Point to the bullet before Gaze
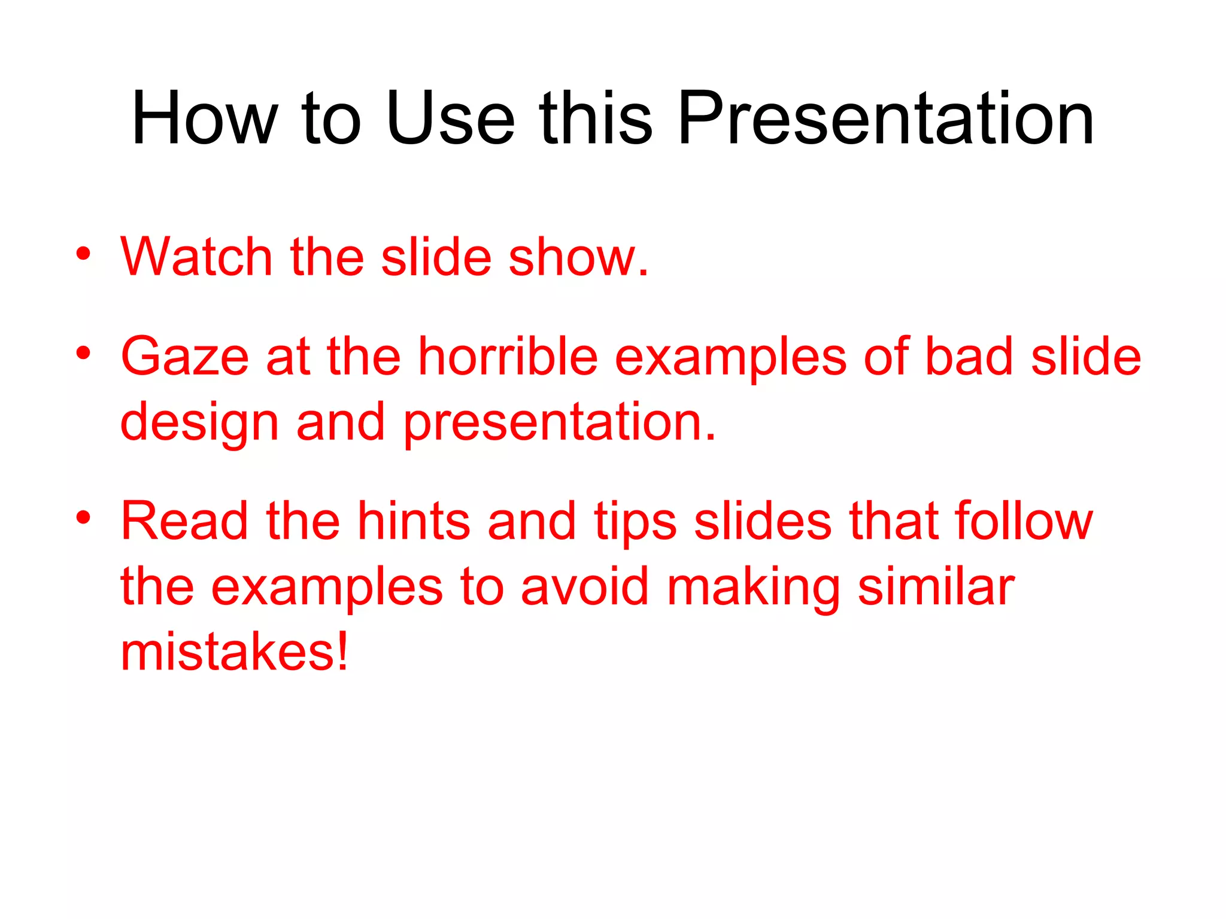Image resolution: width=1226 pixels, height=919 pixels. (83, 352)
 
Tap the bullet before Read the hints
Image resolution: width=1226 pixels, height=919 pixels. (83, 517)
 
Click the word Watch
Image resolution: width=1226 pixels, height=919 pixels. (197, 257)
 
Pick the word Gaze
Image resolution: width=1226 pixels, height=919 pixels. (185, 357)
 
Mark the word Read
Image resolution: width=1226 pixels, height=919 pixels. (184, 521)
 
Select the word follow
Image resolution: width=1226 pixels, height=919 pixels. (1024, 521)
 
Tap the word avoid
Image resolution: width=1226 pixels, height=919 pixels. (584, 587)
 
